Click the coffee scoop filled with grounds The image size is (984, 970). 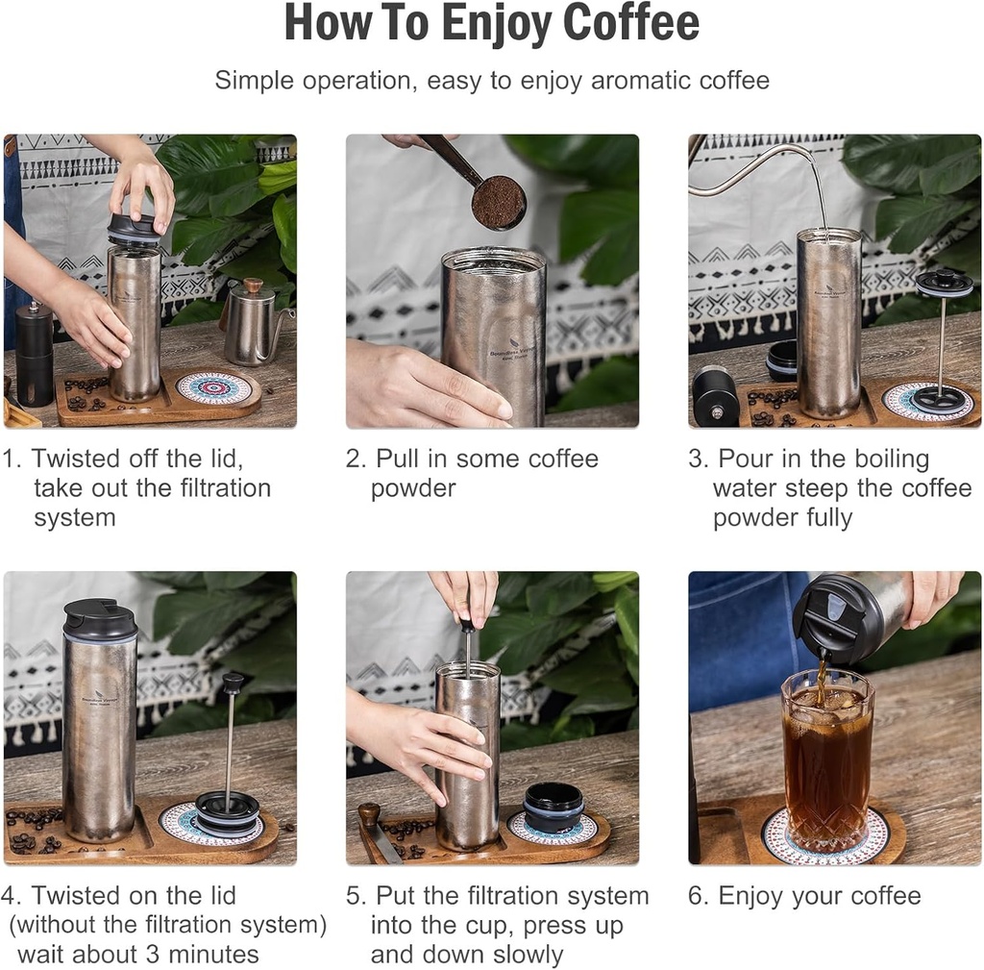click(499, 202)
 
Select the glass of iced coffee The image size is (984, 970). click(826, 759)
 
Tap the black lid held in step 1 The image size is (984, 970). click(133, 229)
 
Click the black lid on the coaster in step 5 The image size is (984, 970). click(553, 806)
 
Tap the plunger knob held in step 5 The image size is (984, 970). click(467, 626)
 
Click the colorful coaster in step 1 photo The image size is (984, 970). click(214, 388)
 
